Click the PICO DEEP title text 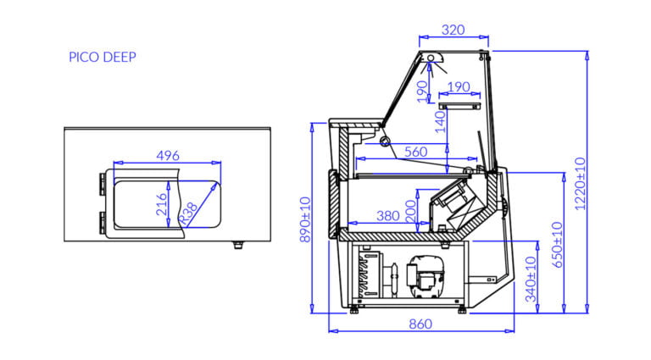pos(103,57)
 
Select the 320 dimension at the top pos(453,30)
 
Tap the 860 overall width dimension pos(420,324)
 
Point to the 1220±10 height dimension pos(580,183)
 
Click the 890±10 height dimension pos(305,219)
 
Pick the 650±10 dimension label pos(557,245)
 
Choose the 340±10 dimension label pos(531,280)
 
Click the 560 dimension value pos(415,152)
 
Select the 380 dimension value pos(387,216)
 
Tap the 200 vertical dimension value pos(410,211)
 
